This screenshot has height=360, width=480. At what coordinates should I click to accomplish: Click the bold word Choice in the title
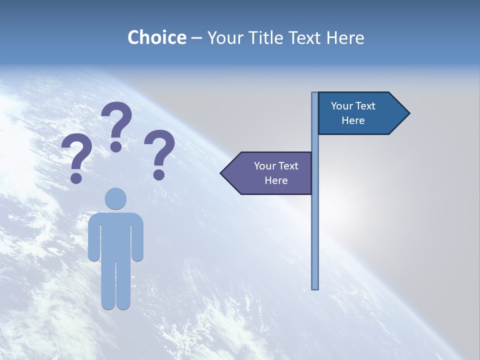[156, 37]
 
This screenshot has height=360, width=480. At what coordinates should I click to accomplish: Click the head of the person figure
[115, 198]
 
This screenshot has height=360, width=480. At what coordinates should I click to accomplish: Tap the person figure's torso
[115, 235]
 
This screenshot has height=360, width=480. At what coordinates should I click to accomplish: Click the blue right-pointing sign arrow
[360, 113]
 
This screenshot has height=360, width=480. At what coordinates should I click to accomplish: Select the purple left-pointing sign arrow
[270, 173]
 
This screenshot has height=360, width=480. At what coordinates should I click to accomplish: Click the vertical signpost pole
[315, 225]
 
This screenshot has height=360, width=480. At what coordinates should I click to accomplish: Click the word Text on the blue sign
[365, 106]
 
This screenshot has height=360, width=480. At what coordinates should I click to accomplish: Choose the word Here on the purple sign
[276, 180]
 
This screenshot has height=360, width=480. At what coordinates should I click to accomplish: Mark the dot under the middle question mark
[116, 146]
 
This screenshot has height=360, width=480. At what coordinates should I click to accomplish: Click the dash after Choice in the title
[196, 38]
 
